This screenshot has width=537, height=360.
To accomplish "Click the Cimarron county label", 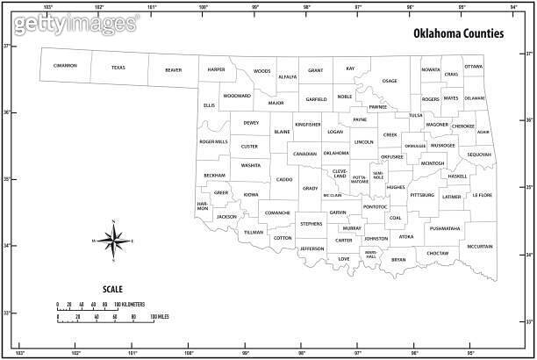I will [x=65, y=66].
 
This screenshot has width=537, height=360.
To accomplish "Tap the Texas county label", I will [x=118, y=68].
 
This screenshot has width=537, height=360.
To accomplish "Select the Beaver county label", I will [x=174, y=70].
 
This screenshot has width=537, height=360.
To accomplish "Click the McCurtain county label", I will [x=480, y=247].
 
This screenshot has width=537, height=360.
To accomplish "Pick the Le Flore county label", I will [x=482, y=195].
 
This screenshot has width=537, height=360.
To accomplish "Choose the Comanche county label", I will [x=277, y=212].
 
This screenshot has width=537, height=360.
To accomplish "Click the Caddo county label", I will [x=284, y=179].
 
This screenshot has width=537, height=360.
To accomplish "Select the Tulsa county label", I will [x=415, y=115].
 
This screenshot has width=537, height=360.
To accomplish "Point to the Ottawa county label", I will [x=473, y=67].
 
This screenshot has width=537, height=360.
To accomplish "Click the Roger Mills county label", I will [x=213, y=141].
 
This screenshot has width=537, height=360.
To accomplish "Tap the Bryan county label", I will [x=398, y=260].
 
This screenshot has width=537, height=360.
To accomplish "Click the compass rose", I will [x=113, y=240].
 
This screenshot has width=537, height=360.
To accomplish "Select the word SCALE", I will [x=113, y=289].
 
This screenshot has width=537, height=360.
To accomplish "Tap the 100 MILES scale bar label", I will [x=158, y=316].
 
